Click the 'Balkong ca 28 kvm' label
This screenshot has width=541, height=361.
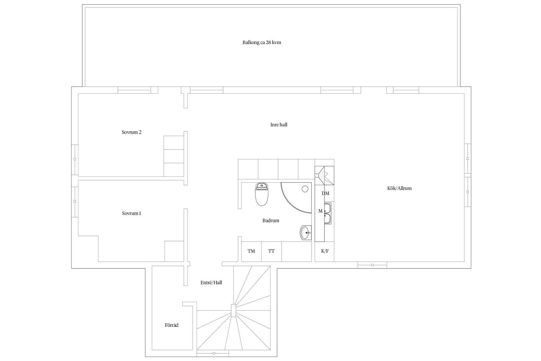[x=262, y=43]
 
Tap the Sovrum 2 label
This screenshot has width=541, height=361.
[x=132, y=132]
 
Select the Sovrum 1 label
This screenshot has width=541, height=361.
[x=132, y=213]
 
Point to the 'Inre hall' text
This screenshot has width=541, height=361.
[x=279, y=125]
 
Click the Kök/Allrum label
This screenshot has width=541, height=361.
[x=400, y=188]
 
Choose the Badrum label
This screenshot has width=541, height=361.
[x=271, y=221]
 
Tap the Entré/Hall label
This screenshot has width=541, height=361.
[x=211, y=283]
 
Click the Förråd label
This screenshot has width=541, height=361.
[x=172, y=325]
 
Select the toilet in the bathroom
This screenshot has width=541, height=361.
[x=262, y=194]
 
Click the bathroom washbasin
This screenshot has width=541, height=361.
[x=306, y=233]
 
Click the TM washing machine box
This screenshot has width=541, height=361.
[x=251, y=252]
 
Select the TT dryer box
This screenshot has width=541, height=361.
[x=271, y=252]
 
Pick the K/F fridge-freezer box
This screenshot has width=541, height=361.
[x=325, y=252]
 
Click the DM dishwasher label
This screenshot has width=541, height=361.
[x=325, y=193]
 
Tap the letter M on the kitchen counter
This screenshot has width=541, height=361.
[x=320, y=211]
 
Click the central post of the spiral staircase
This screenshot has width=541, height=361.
[x=233, y=311]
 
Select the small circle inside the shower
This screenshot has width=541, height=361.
[x=305, y=189]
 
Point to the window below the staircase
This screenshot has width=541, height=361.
[x=213, y=353]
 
